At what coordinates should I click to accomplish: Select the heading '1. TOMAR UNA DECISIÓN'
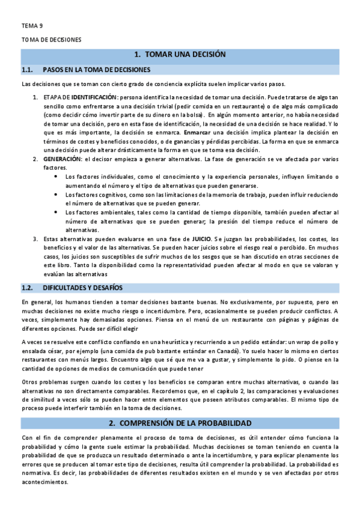180,55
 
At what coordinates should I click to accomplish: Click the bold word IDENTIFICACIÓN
93,97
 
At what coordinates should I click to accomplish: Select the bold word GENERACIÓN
62,159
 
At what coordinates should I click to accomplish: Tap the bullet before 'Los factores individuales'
56,177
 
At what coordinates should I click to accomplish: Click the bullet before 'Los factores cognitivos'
56,194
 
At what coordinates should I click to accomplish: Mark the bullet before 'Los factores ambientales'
56,212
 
